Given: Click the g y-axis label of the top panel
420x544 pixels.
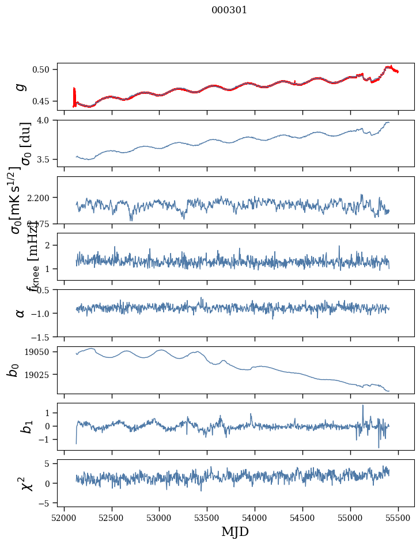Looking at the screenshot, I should (21, 86).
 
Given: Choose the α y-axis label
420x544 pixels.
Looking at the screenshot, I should (21, 313).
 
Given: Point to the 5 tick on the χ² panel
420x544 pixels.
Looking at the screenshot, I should (49, 463).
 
